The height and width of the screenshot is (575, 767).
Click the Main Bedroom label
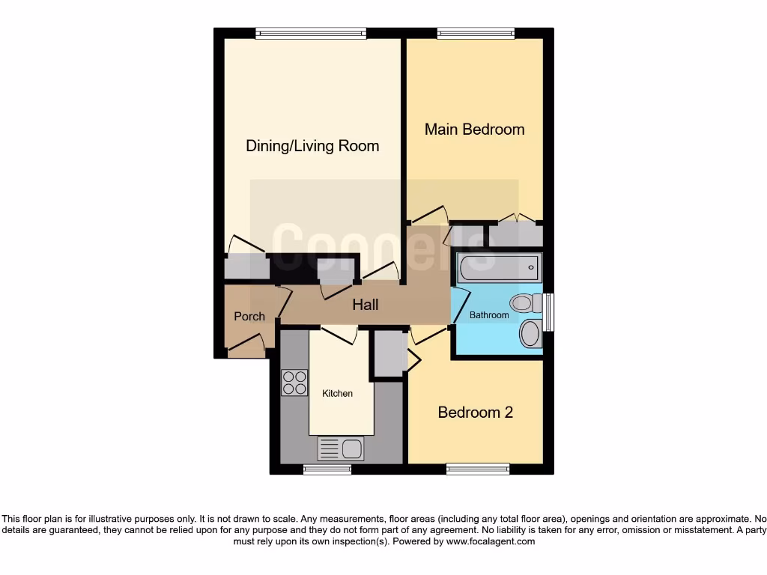474,130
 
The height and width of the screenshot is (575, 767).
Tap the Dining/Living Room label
312,146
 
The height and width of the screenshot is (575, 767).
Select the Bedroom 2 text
475,413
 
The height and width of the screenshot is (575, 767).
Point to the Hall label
366,305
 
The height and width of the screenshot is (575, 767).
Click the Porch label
249,317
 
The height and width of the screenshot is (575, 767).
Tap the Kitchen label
337,393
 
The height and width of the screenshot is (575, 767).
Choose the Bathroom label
489,315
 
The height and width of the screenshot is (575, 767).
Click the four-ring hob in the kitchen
294,383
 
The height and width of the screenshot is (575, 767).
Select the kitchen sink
341,448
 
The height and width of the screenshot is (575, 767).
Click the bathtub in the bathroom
499,266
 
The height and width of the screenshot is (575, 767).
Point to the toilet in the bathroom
526,303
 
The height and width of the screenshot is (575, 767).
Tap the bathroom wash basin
530,333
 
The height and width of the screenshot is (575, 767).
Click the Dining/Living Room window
310,33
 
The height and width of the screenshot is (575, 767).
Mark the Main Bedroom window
476,33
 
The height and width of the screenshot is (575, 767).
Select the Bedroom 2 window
476,469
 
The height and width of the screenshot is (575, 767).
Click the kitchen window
327,469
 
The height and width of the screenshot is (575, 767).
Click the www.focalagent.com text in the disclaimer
491,541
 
